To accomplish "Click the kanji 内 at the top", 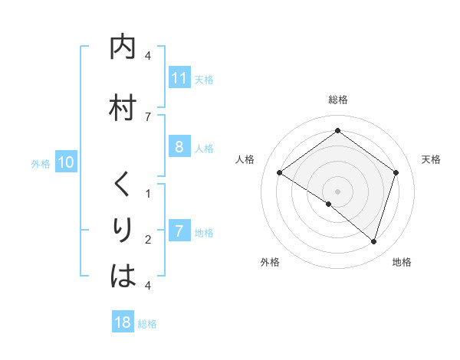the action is pos(123,47).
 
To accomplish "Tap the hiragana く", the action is pos(123,185).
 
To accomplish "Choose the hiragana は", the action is pos(123,275).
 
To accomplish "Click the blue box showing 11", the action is pos(179,78).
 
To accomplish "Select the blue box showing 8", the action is pos(179,148).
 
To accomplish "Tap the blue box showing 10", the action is pos(65,162).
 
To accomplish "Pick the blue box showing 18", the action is pos(123,322).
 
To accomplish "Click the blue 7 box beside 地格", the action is pos(179,231).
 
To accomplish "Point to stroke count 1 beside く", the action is pos(147,193).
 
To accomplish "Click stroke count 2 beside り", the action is pos(147,240).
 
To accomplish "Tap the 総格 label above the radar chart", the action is pos(337,100).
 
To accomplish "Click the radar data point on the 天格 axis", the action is pos(396,172).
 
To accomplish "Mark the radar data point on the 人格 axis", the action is pos(279,172).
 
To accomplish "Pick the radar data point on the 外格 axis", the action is pos(329,204).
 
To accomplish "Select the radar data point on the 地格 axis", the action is pos(373,241).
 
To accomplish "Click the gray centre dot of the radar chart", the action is pos(337,191).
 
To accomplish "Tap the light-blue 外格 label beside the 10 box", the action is pos(41,163).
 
